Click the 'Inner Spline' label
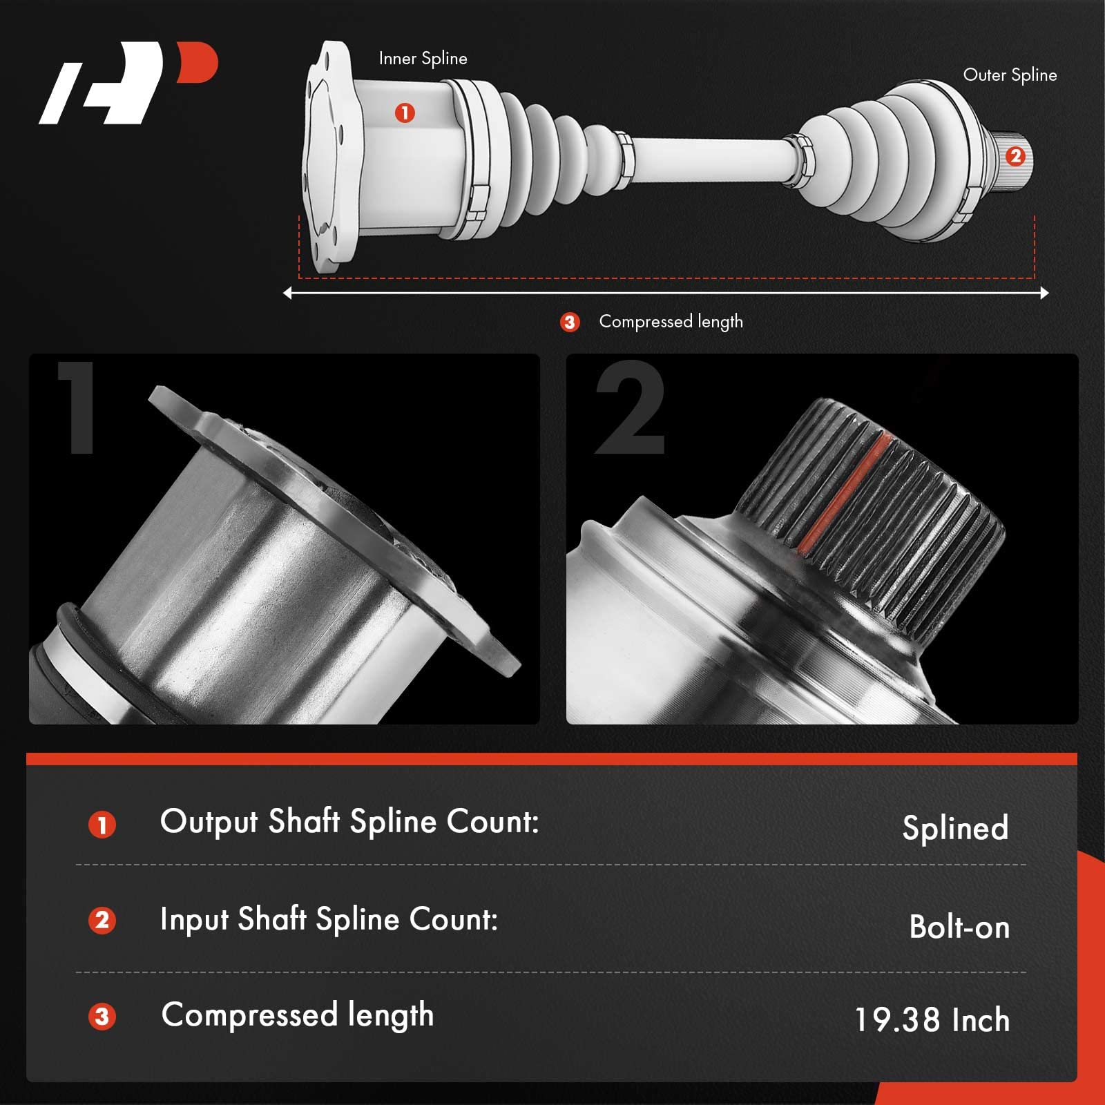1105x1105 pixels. [x=423, y=59]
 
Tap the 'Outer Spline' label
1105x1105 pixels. [x=1010, y=75]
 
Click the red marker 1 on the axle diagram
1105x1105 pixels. [x=405, y=113]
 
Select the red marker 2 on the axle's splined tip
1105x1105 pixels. [x=1015, y=157]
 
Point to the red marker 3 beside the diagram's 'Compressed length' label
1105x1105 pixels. [x=570, y=323]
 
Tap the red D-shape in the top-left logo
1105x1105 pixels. [x=198, y=63]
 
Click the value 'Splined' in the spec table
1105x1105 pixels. [x=955, y=828]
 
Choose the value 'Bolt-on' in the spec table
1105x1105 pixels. [x=959, y=927]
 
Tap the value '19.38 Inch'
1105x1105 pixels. [x=932, y=1020]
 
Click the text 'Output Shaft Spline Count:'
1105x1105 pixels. [x=349, y=822]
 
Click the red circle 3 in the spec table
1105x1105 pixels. [x=102, y=1017]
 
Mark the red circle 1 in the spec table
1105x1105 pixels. [x=102, y=825]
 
